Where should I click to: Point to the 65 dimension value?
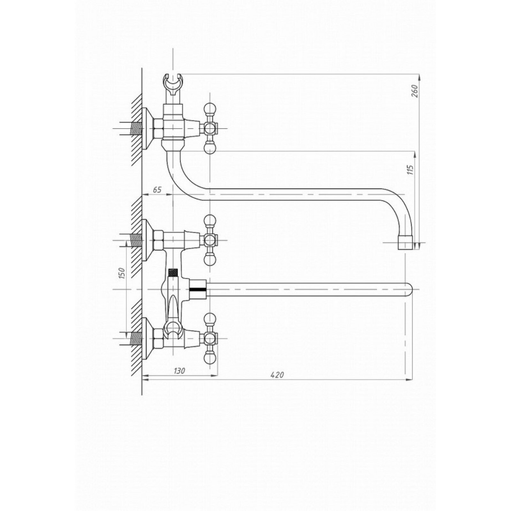click(157, 190)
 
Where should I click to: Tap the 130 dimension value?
click(179, 371)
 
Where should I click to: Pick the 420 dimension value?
click(277, 375)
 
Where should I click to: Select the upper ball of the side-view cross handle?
click(210, 107)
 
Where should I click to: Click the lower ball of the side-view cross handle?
click(210, 148)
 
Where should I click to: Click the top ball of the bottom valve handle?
click(210, 318)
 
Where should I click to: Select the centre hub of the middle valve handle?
click(210, 240)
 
